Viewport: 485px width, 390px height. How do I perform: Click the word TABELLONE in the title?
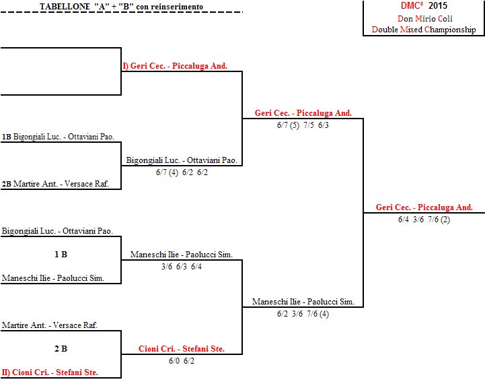pos(65,7)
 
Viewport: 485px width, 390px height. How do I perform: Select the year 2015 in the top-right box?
pos(438,5)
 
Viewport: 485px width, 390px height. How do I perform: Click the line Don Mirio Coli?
pos(425,19)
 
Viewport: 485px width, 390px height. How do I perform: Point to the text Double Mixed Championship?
pos(424,30)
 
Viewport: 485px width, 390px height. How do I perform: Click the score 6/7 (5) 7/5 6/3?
pos(303,125)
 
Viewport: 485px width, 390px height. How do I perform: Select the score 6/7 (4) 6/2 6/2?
pos(182,172)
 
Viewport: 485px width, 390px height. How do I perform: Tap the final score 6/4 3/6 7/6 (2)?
pos(424,220)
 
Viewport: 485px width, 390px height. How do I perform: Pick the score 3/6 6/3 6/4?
pos(182,267)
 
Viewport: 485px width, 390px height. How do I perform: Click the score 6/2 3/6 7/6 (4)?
pos(303,314)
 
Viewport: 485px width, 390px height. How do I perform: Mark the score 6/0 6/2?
pos(182,361)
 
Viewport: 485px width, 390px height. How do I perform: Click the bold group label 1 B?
pos(61,255)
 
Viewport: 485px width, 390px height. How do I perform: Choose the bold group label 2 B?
pos(61,349)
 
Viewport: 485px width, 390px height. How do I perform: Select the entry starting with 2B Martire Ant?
pos(55,184)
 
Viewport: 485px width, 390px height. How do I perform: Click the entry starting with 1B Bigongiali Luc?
pos(58,137)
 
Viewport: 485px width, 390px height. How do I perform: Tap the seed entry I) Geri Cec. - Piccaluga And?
pos(175,65)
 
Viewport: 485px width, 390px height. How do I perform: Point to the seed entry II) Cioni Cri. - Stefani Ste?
pos(50,372)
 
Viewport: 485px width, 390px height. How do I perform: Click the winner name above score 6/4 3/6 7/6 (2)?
pos(424,207)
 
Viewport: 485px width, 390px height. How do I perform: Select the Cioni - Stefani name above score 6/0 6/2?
pos(182,349)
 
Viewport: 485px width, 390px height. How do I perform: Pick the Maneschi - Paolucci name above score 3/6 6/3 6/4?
pos(182,255)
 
